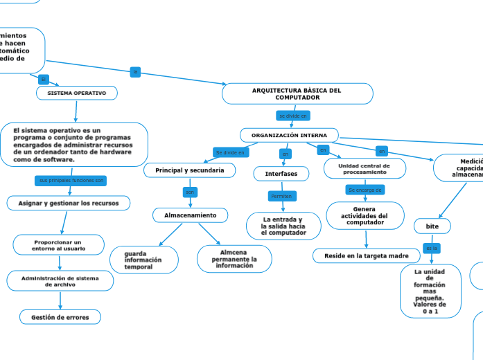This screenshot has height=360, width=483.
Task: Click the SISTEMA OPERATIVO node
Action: coord(77,93)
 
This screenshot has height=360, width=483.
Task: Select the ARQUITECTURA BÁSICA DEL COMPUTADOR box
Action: coord(297,93)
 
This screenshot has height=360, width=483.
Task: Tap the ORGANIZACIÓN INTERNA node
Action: coord(289,135)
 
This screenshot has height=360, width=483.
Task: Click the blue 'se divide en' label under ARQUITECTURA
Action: coord(292,116)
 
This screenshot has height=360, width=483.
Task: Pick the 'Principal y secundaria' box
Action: coord(189,170)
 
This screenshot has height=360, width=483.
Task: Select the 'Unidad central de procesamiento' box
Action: coord(364,169)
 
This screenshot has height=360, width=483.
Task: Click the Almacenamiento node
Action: coord(191,215)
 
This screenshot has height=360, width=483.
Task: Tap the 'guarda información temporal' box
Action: coord(143,260)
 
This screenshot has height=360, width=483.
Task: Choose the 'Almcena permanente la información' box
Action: coord(234,259)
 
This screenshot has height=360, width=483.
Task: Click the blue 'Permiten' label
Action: coord(281,197)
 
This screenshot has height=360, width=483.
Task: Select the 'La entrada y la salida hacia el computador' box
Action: coord(283,226)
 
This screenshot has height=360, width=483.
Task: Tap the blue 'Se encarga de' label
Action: coord(365,190)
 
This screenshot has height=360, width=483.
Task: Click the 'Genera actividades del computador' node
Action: coord(365,215)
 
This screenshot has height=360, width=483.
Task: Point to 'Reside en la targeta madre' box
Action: coord(366,256)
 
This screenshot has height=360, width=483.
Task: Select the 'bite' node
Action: coord(432,226)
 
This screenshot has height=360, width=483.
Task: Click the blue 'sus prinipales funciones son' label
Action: coord(71,180)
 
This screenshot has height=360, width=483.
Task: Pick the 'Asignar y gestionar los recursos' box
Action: coord(69,204)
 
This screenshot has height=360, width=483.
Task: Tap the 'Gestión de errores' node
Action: coord(60,317)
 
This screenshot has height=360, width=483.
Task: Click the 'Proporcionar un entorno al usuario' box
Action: coord(59,245)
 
